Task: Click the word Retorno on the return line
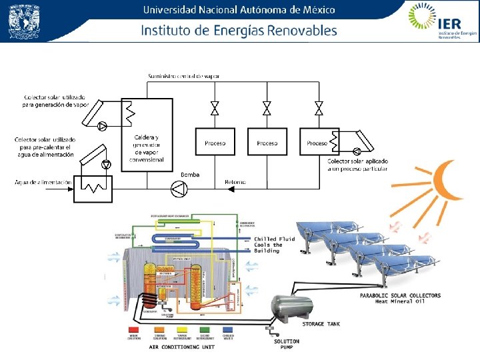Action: point(235,181)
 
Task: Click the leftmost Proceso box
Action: point(215,143)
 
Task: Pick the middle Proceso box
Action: point(267,143)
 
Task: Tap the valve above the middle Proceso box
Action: point(267,108)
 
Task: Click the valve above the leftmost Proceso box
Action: point(215,108)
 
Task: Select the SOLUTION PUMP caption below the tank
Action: point(287,344)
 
